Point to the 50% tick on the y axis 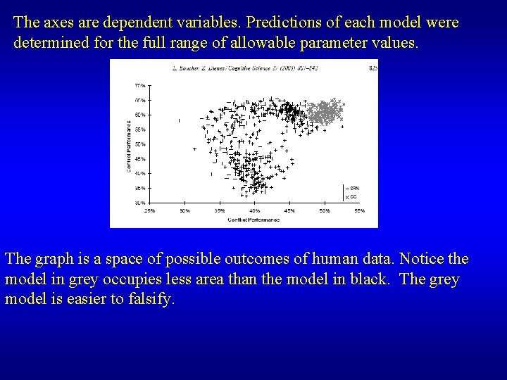139,144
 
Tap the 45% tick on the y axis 139,158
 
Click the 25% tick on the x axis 149,210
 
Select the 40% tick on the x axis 254,210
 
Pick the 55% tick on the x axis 359,210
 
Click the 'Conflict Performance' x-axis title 254,220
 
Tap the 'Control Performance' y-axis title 129,144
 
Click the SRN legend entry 353,188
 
